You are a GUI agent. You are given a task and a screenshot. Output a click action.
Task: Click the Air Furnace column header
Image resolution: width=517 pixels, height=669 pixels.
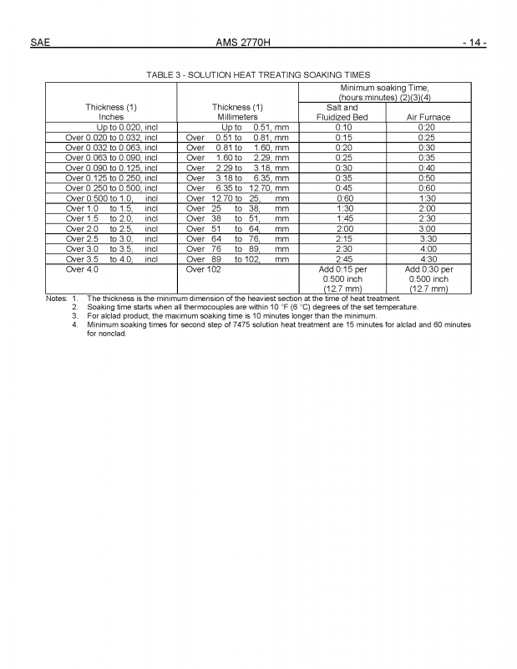pyautogui.click(x=428, y=117)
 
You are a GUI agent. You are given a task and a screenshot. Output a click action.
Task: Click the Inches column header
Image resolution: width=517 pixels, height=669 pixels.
pyautogui.click(x=111, y=117)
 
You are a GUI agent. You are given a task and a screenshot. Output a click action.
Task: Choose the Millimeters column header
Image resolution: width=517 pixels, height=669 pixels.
pyautogui.click(x=239, y=117)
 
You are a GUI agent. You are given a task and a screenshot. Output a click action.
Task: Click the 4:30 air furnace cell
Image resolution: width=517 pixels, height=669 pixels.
pyautogui.click(x=428, y=259)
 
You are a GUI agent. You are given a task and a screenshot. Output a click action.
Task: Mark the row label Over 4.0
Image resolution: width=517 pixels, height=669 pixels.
pyautogui.click(x=82, y=269)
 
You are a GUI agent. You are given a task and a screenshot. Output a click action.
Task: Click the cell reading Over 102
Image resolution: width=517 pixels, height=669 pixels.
pyautogui.click(x=204, y=269)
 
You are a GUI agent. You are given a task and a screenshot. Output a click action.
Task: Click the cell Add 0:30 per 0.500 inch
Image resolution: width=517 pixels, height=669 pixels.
pyautogui.click(x=428, y=279)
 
